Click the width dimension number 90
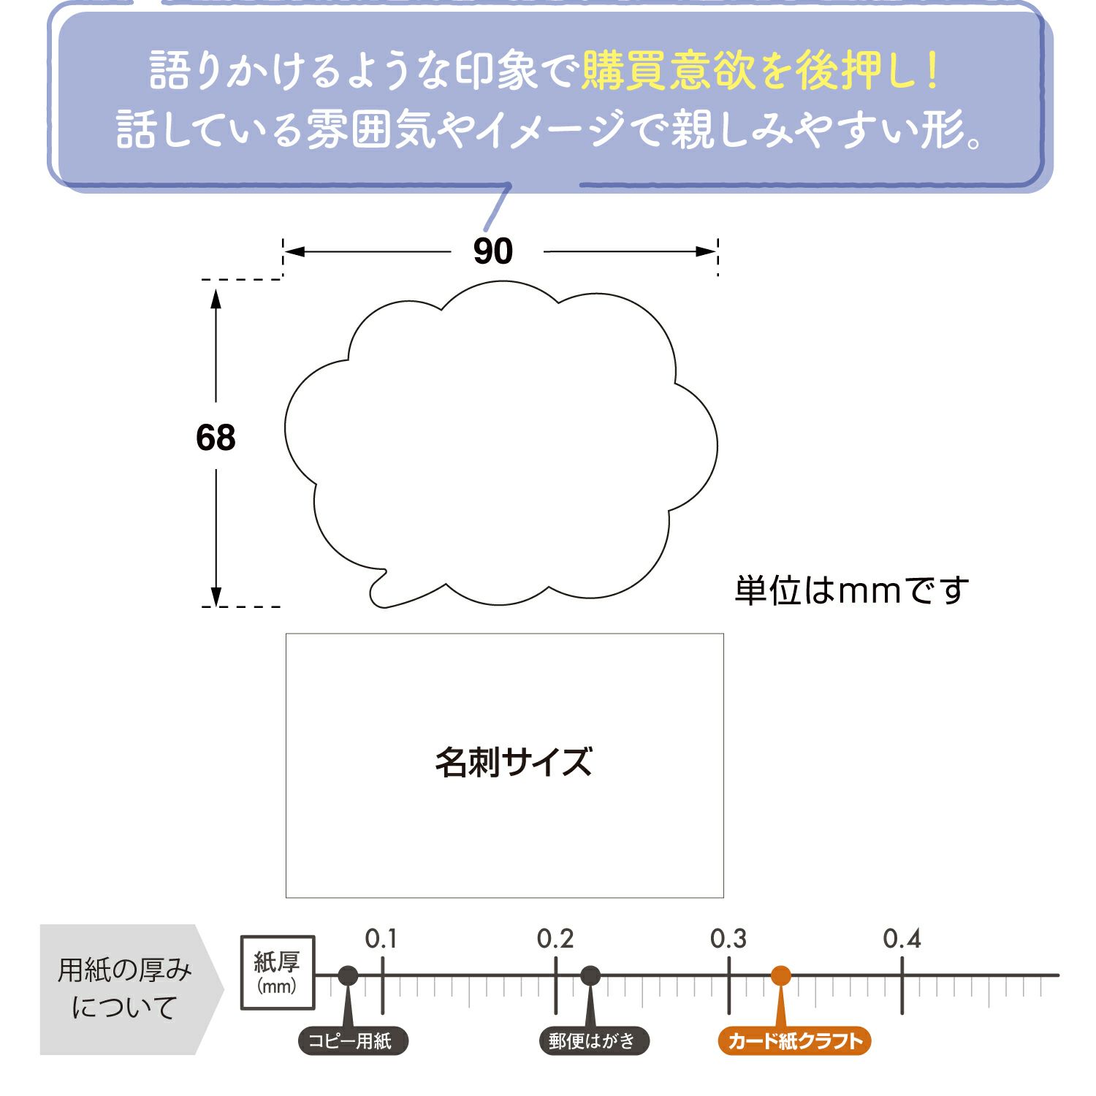(493, 251)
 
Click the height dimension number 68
(216, 438)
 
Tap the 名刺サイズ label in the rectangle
(513, 762)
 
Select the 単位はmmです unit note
(851, 590)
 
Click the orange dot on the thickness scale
(781, 975)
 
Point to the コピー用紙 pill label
(352, 1041)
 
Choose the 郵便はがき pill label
(593, 1041)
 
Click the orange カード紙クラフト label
(795, 1041)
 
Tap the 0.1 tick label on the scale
(381, 939)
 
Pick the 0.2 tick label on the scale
(555, 939)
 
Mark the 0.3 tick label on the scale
(728, 939)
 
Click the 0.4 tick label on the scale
(902, 939)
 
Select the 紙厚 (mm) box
(278, 973)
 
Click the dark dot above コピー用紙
(349, 975)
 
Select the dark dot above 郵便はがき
(590, 975)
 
